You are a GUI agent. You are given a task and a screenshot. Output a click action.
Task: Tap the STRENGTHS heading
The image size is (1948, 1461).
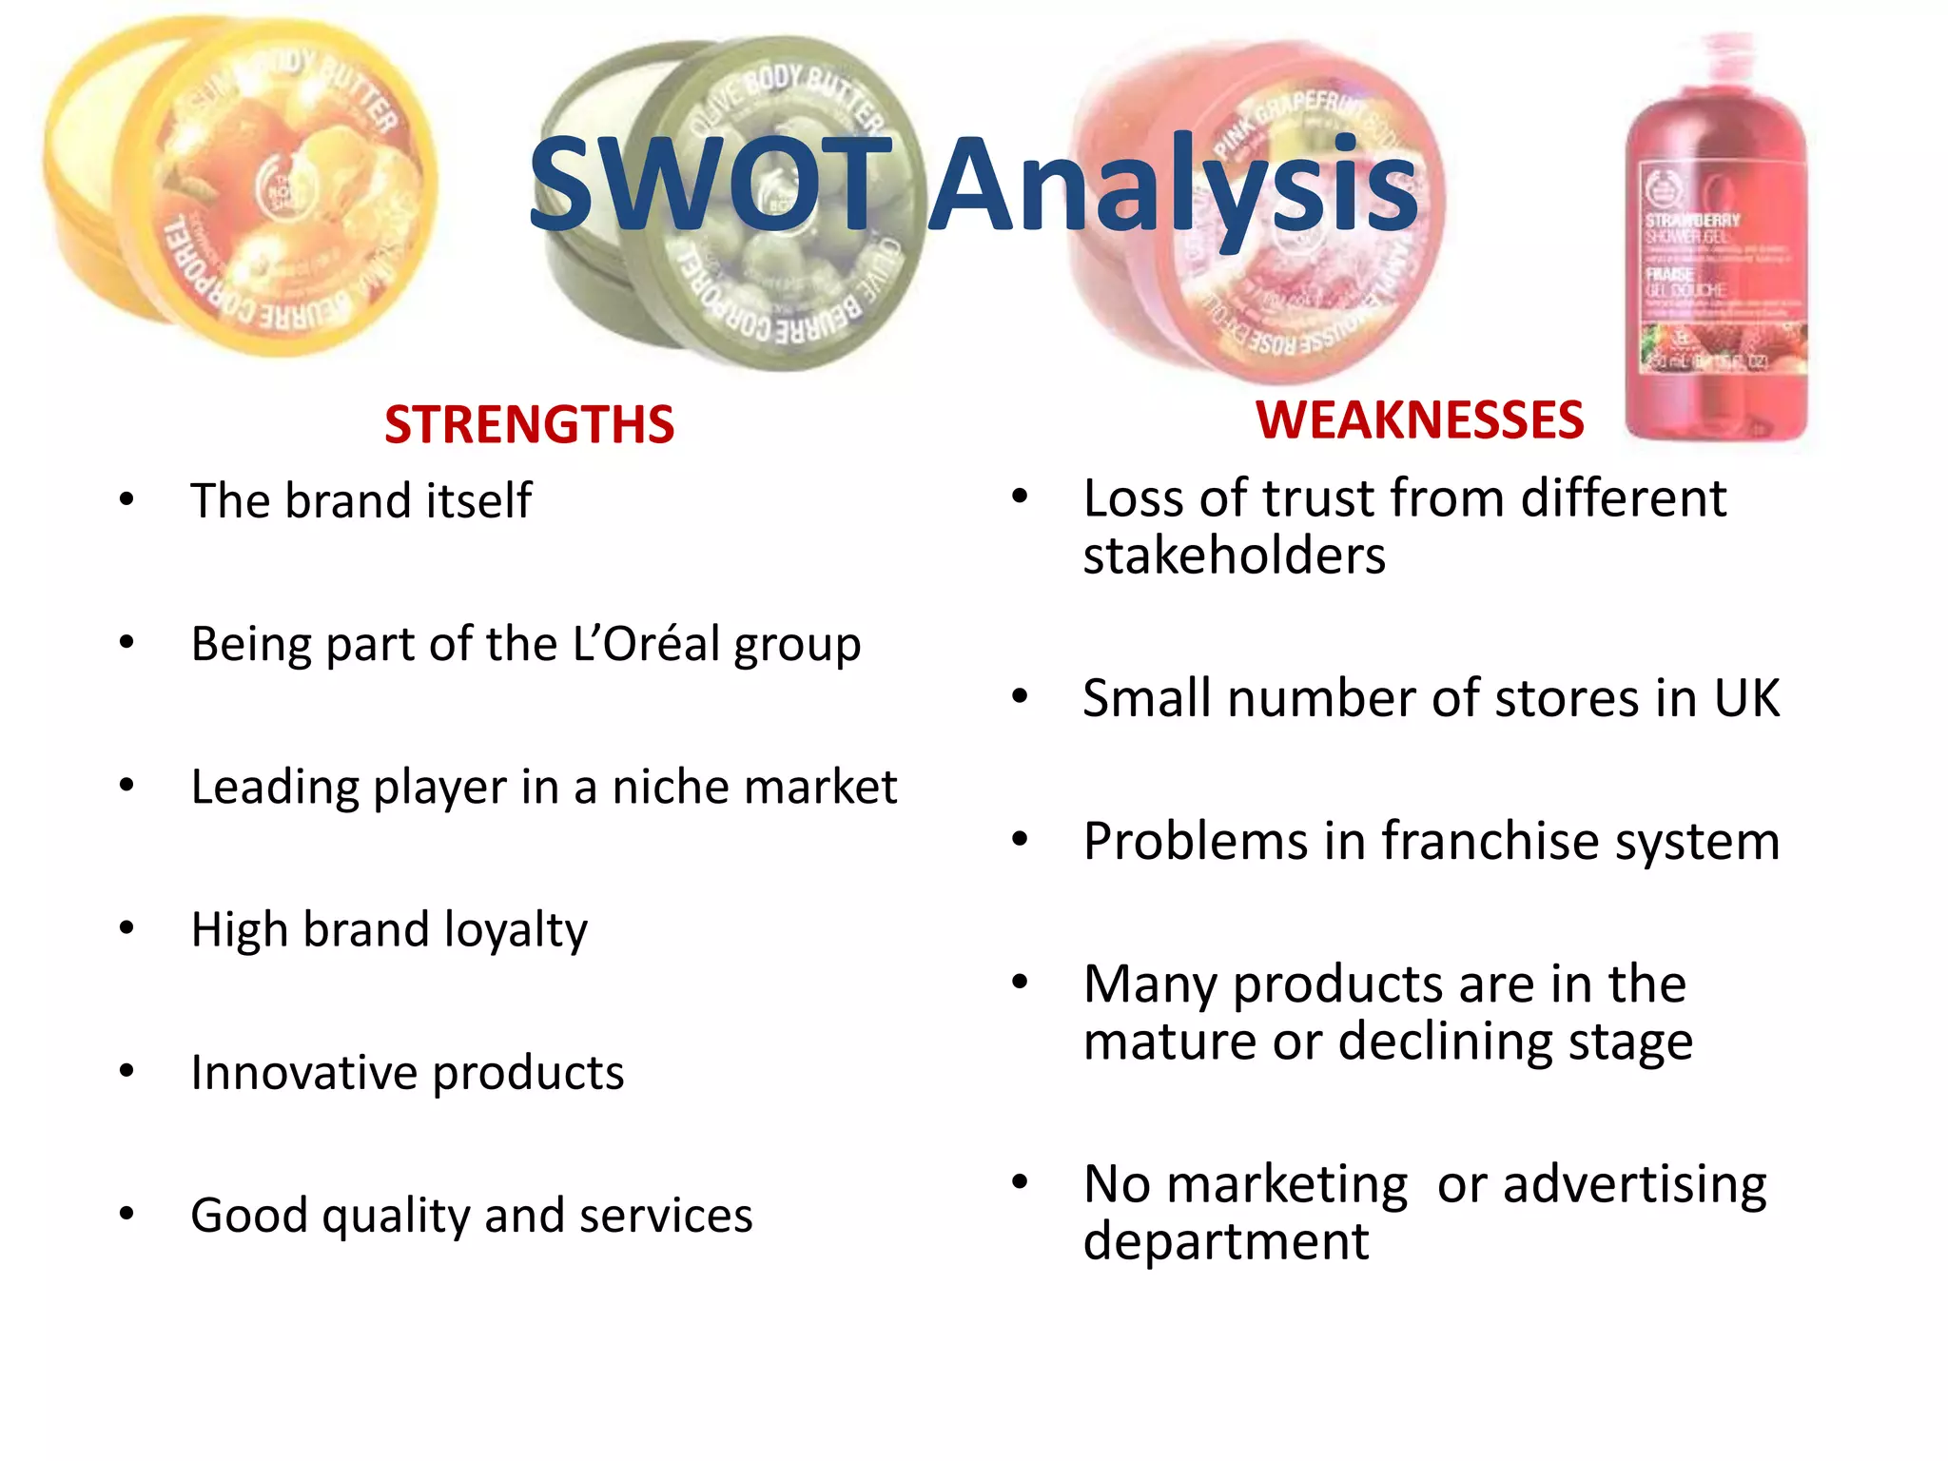coord(529,424)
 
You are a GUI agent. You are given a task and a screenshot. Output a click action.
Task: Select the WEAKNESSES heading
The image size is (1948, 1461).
coord(1419,419)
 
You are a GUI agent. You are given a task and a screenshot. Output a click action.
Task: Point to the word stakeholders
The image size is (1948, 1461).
coord(1234,555)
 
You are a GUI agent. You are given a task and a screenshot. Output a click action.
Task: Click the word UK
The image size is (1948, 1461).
coord(1746,698)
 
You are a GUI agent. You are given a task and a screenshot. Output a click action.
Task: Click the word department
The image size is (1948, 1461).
coord(1226,1242)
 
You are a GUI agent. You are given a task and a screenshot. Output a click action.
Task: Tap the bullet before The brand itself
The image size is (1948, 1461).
coord(127,500)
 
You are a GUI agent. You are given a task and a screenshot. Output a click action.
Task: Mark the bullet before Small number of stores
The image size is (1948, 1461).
coord(1021,698)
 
